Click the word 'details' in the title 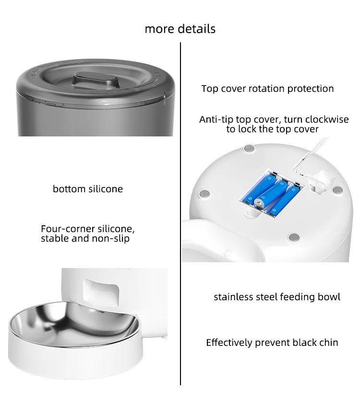(x=197, y=29)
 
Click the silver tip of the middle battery (x=260, y=205)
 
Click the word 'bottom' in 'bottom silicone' (x=69, y=189)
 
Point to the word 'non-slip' (x=111, y=238)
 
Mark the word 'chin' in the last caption (x=328, y=343)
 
